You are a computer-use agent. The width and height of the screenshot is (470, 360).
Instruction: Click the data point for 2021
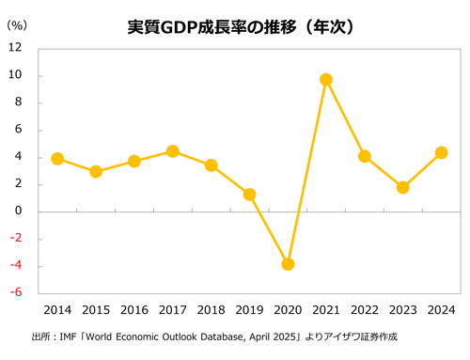point(326,80)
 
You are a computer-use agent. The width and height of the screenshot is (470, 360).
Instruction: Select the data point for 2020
point(288,264)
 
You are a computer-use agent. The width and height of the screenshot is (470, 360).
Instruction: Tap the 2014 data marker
point(57,159)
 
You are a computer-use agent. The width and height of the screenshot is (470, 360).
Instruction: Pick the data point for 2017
point(173,151)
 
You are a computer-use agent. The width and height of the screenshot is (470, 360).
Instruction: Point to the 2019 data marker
point(249,195)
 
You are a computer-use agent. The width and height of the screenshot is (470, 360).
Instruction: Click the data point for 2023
point(402,187)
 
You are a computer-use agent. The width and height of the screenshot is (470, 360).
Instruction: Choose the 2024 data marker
point(441,152)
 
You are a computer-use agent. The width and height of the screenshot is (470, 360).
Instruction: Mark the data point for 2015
point(96,172)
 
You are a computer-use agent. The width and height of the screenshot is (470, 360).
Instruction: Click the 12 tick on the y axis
point(16,49)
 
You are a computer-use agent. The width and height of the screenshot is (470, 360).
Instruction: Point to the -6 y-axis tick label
point(16,292)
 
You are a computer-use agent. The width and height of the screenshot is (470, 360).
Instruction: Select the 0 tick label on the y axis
point(19,211)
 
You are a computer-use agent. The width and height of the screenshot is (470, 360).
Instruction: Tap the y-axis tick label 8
point(19,103)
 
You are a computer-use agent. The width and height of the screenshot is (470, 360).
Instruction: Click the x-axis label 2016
point(134,309)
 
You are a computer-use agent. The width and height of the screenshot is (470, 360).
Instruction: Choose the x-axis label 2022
point(365,309)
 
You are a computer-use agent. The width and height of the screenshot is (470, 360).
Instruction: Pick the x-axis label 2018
point(211,309)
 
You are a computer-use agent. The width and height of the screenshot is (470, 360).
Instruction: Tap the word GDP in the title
point(182,27)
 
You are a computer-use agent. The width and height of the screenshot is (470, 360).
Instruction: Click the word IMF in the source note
point(67,337)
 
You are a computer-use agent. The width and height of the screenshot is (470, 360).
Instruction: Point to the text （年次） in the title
point(323,27)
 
